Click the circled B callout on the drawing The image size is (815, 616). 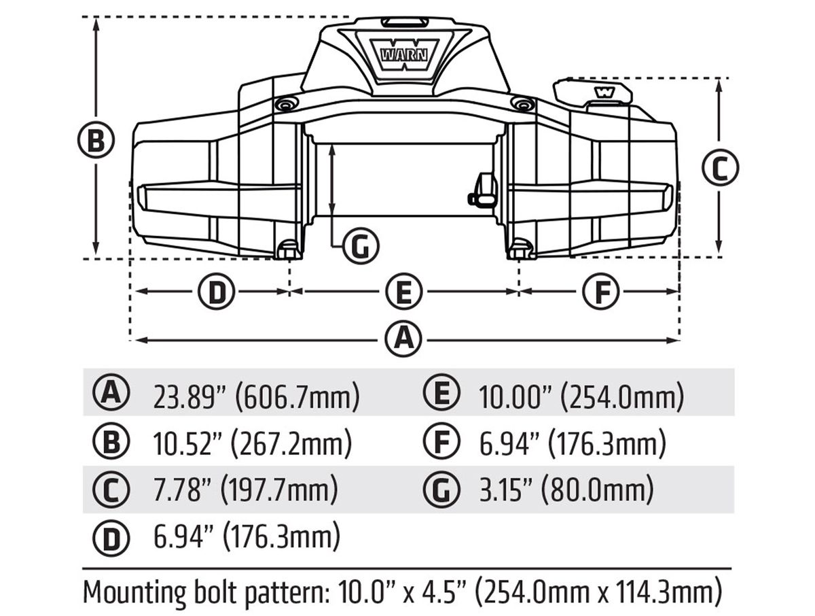[96, 141]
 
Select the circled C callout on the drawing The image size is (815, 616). [721, 168]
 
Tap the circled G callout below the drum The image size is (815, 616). [361, 245]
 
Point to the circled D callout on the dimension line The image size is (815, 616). [216, 291]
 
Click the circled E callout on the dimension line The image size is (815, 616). [404, 291]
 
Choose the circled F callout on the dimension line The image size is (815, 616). [601, 291]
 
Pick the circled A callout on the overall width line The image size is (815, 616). [403, 339]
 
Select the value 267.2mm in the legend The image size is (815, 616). [291, 443]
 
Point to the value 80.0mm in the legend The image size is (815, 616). [598, 490]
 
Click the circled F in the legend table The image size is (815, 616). [442, 442]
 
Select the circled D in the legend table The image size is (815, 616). [111, 538]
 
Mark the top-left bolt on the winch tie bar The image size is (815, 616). [285, 104]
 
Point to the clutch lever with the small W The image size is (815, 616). [593, 91]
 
